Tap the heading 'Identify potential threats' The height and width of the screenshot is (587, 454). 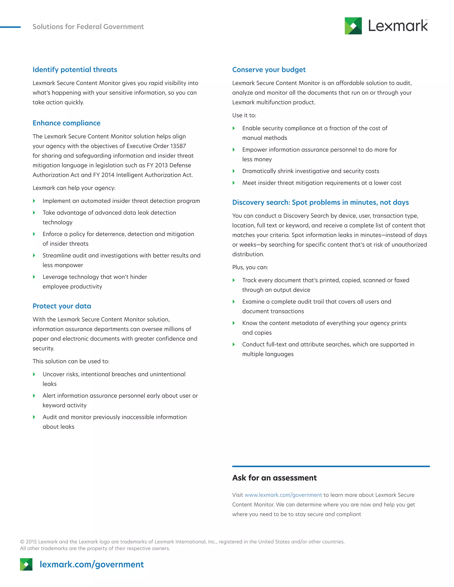pyautogui.click(x=75, y=70)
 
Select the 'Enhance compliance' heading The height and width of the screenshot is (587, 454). pyautogui.click(x=67, y=123)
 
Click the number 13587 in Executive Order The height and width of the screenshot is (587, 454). pyautogui.click(x=178, y=146)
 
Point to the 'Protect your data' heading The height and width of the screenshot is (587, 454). pyautogui.click(x=62, y=306)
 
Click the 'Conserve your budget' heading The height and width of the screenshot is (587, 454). pyautogui.click(x=269, y=70)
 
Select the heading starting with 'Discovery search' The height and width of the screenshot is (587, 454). pyautogui.click(x=320, y=202)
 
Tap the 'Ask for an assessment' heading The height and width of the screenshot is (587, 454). pyautogui.click(x=274, y=478)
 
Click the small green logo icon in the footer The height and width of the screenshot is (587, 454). pyautogui.click(x=26, y=564)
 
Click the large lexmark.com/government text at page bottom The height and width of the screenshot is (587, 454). pyautogui.click(x=92, y=564)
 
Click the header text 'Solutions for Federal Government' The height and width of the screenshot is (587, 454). pyautogui.click(x=88, y=27)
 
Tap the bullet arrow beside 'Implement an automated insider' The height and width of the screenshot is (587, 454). pyautogui.click(x=34, y=201)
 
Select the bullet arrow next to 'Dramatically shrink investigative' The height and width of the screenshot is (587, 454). pyautogui.click(x=234, y=171)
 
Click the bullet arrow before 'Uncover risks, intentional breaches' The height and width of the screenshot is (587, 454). pyautogui.click(x=34, y=374)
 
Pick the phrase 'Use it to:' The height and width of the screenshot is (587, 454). pyautogui.click(x=244, y=115)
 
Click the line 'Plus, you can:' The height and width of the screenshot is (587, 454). pyautogui.click(x=250, y=267)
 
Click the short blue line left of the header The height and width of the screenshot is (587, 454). pyautogui.click(x=10, y=27)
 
